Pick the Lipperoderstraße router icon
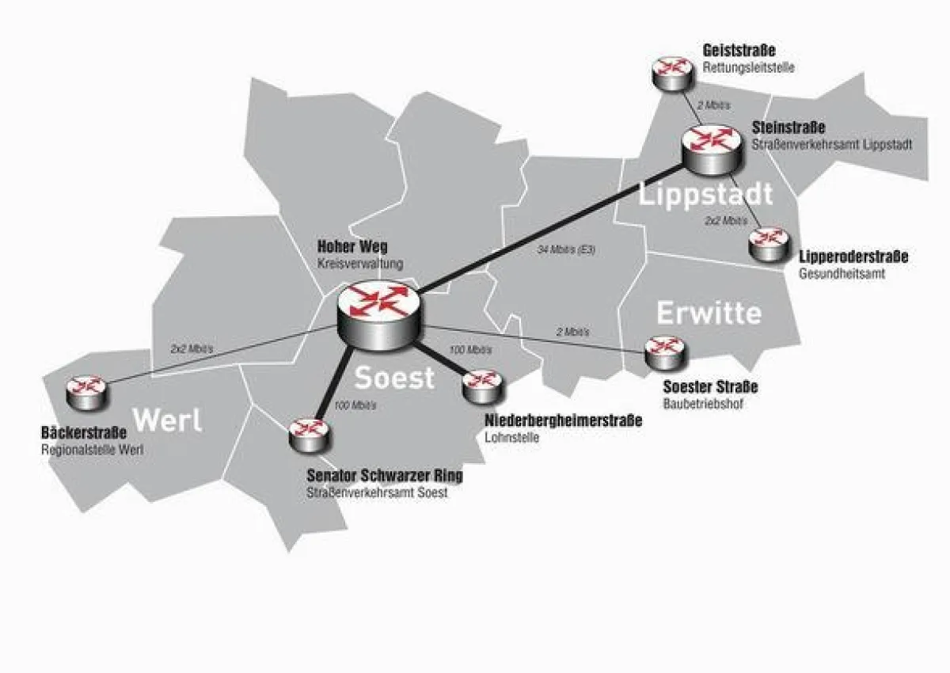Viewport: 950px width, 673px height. pyautogui.click(x=767, y=242)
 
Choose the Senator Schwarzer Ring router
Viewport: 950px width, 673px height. pyautogui.click(x=305, y=434)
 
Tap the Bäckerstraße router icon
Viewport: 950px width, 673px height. pyautogui.click(x=84, y=391)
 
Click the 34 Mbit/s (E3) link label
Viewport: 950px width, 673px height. pyautogui.click(x=565, y=250)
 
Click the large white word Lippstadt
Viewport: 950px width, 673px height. pyautogui.click(x=705, y=194)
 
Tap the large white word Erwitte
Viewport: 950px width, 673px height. pyautogui.click(x=709, y=313)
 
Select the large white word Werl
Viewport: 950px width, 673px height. pyautogui.click(x=167, y=420)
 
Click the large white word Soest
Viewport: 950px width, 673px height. pyautogui.click(x=394, y=378)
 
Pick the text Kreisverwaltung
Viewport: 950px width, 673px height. pyautogui.click(x=360, y=263)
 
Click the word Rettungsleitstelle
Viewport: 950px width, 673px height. pyautogui.click(x=748, y=68)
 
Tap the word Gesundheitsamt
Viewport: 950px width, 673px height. pyautogui.click(x=842, y=274)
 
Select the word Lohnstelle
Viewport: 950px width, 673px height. pyautogui.click(x=511, y=436)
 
